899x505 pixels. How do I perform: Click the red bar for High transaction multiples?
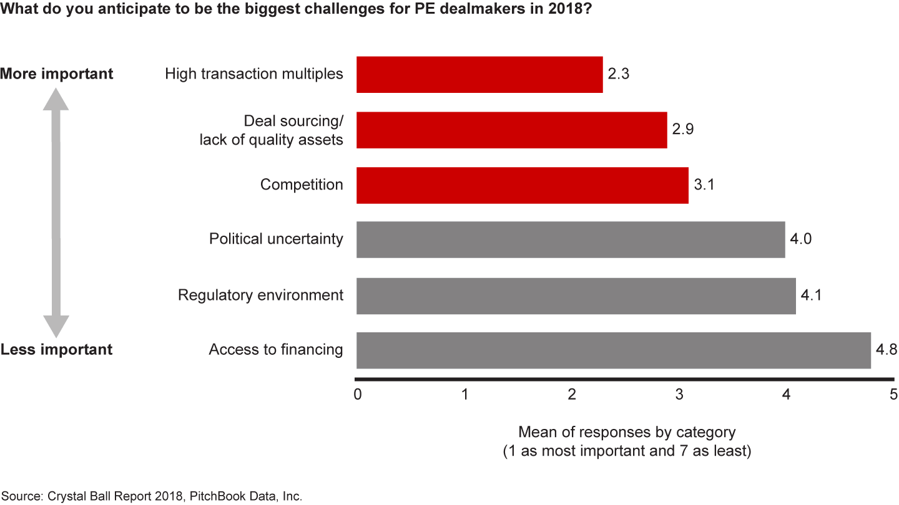[x=479, y=75]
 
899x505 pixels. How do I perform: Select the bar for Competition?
[x=522, y=185]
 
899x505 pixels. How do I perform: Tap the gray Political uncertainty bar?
[x=571, y=239]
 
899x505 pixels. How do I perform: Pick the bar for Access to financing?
[x=613, y=350]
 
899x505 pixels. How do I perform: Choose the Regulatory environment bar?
[x=576, y=296]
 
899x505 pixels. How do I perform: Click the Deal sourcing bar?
[x=511, y=130]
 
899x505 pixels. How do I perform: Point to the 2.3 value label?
[x=618, y=74]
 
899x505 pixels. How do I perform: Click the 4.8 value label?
[x=886, y=350]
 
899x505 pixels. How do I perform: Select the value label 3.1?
[x=704, y=185]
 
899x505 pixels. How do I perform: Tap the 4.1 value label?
[x=811, y=295]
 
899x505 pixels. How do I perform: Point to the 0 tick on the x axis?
[x=358, y=395]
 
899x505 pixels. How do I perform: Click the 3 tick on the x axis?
[x=679, y=395]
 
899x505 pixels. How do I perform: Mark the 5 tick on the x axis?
[x=893, y=395]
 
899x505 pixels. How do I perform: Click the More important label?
[x=57, y=74]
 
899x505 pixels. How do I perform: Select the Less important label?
[x=57, y=349]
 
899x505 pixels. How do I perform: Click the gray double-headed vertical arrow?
[x=56, y=212]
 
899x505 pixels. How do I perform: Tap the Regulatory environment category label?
[x=260, y=295]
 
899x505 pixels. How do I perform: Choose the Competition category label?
[x=302, y=185]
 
